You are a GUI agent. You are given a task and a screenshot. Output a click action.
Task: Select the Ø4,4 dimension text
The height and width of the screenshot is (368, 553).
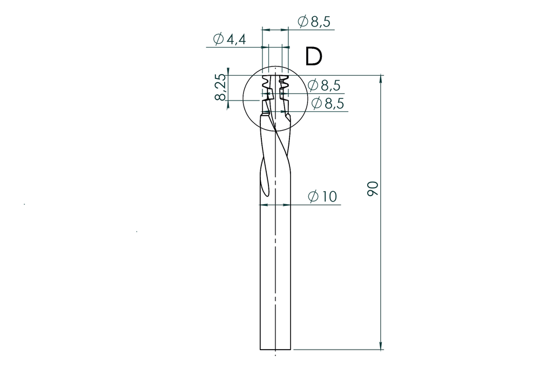point(230,39)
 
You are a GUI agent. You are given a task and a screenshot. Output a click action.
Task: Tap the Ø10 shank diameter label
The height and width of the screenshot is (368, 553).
point(322,197)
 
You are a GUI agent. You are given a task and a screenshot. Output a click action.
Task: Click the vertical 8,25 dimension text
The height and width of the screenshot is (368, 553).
point(220,88)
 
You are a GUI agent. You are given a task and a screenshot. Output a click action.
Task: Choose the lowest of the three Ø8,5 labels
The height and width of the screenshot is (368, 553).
point(327,103)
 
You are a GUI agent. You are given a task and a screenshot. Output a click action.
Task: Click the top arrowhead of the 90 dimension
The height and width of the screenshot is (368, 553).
point(381,79)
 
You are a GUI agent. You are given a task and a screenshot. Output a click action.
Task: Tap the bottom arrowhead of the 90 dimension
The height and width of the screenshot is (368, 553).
point(381,346)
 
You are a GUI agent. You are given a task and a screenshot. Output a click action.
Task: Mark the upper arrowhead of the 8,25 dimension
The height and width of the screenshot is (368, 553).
point(228,71)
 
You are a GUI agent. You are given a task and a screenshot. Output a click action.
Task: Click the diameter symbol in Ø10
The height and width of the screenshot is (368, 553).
point(313,197)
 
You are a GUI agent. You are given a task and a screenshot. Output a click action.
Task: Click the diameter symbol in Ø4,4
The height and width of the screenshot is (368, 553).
point(219,39)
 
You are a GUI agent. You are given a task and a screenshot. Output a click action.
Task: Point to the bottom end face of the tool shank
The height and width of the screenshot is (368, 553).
point(275,350)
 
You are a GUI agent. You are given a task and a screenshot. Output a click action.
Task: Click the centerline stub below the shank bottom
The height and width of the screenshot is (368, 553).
point(275,354)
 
